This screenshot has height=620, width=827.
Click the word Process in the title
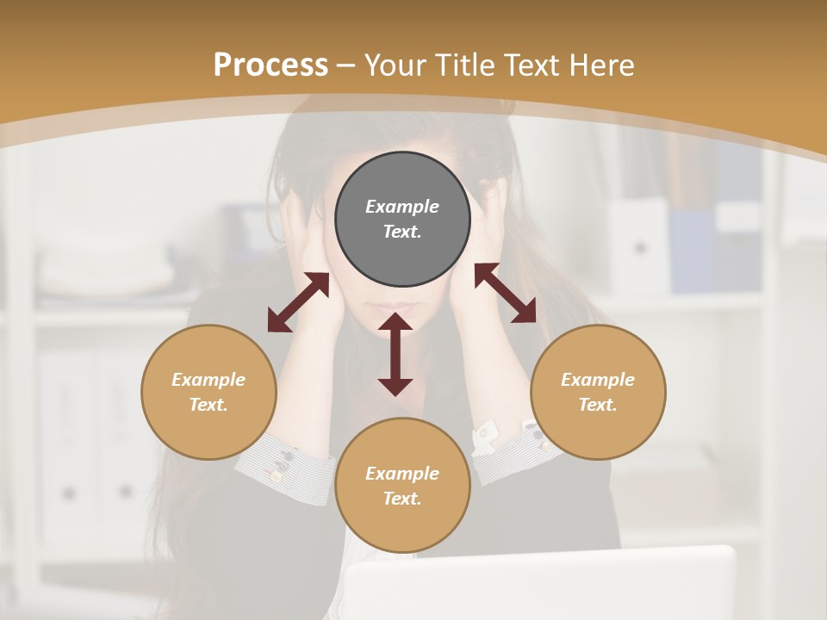270,65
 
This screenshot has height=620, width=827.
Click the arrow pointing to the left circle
298,302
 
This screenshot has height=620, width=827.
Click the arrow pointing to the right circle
505,293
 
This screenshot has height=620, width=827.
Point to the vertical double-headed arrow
395,354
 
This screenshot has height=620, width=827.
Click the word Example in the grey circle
402,207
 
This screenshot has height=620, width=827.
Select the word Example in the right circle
598,380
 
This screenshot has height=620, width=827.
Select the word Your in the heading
394,65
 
